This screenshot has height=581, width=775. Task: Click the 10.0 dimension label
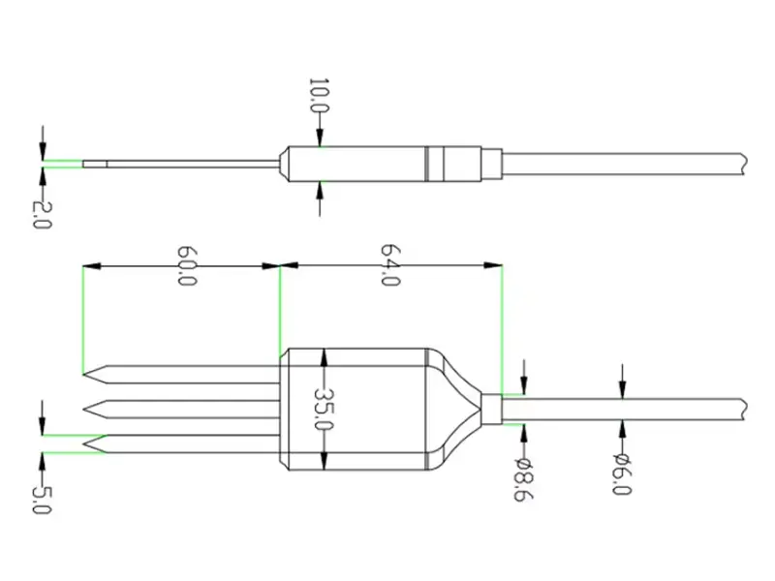[x=316, y=98]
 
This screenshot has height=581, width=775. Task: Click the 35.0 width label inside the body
[x=324, y=410]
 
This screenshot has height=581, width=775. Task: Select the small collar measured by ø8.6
[x=492, y=409]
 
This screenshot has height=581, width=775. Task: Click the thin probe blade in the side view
[x=174, y=164]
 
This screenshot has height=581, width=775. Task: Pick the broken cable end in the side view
[x=741, y=164]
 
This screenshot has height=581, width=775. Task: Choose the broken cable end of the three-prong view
[x=741, y=409]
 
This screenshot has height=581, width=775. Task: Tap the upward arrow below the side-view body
[x=320, y=199]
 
